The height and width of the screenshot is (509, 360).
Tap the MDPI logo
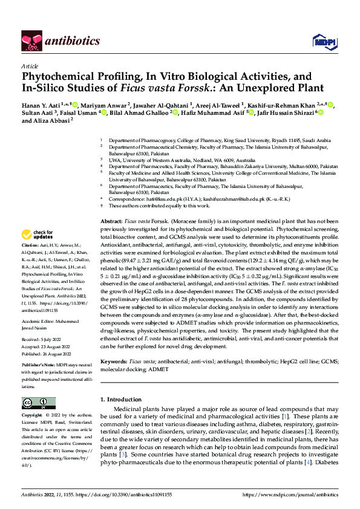322,41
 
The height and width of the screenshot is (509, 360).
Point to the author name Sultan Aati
39,112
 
